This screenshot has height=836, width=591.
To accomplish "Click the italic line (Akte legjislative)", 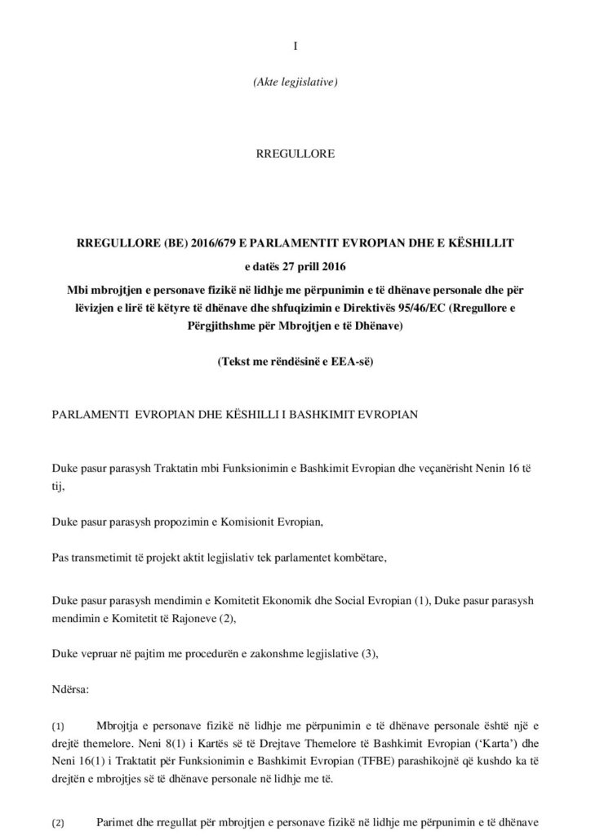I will (x=295, y=82).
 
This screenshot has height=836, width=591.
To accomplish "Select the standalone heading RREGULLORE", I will (x=295, y=153).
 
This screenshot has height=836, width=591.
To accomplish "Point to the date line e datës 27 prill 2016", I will (x=295, y=265).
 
